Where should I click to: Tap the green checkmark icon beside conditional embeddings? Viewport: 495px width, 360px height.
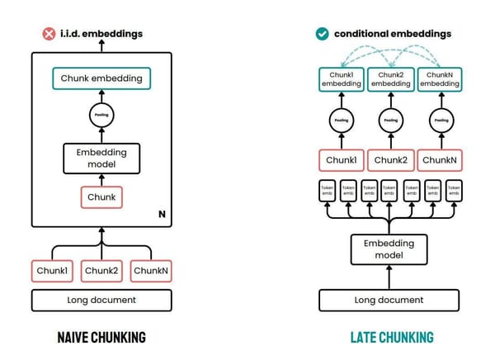click(x=322, y=34)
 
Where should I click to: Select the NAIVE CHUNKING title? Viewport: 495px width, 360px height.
click(x=101, y=338)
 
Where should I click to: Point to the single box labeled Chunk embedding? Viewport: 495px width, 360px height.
click(x=101, y=79)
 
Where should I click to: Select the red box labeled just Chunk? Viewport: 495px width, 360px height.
click(x=101, y=197)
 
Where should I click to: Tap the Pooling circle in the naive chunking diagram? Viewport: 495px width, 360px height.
click(x=101, y=116)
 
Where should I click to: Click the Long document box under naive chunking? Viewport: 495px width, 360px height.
click(x=101, y=300)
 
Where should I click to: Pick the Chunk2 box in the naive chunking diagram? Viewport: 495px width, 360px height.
click(x=101, y=270)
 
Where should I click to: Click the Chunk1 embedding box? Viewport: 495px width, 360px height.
click(x=341, y=79)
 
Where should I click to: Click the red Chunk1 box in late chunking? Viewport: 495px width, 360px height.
click(x=341, y=159)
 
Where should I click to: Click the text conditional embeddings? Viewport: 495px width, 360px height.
click(x=393, y=34)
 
